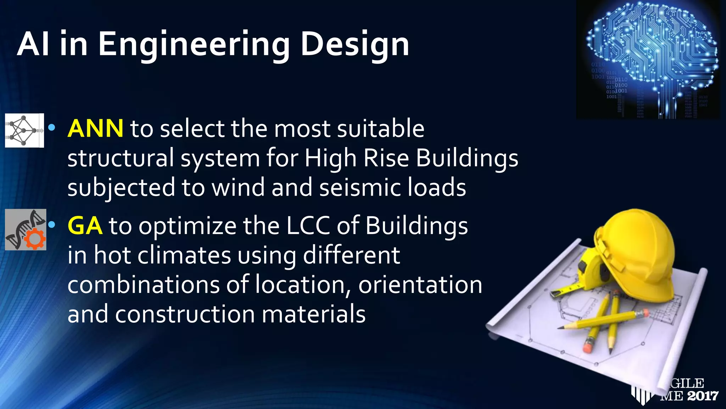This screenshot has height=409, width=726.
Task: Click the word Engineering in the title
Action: [x=194, y=45]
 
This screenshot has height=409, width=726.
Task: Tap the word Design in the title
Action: [x=355, y=45]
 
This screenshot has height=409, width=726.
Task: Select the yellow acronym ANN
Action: [x=95, y=128]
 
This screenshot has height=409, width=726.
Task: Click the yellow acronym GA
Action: [x=85, y=226]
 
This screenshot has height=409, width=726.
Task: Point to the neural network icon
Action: [x=24, y=130]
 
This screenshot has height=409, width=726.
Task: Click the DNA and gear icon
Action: [x=26, y=230]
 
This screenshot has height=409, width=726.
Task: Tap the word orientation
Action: [x=420, y=285]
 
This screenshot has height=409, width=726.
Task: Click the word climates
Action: [x=184, y=255]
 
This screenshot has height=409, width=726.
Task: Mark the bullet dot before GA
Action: [x=52, y=225]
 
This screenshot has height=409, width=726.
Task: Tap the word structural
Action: [x=121, y=158]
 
